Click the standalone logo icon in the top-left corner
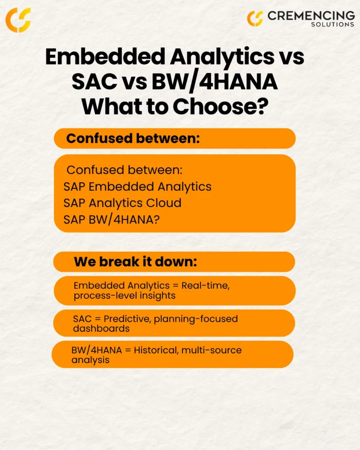pyautogui.click(x=18, y=20)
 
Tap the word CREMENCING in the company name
pyautogui.click(x=311, y=16)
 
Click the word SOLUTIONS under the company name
pyautogui.click(x=333, y=25)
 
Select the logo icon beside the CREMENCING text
pyautogui.click(x=255, y=18)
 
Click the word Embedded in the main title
pyautogui.click(x=105, y=57)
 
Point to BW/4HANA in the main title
pyautogui.click(x=215, y=82)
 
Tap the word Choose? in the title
pyautogui.click(x=221, y=107)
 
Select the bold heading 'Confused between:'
pyautogui.click(x=133, y=138)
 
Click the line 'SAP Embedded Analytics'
pyautogui.click(x=137, y=186)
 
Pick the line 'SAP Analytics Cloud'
pyautogui.click(x=122, y=203)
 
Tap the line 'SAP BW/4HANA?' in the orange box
pyautogui.click(x=111, y=220)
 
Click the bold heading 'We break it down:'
pyautogui.click(x=135, y=262)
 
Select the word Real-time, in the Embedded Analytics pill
pyautogui.click(x=206, y=286)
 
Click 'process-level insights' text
pyautogui.click(x=124, y=296)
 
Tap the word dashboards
pyautogui.click(x=102, y=329)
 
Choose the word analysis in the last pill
pyautogui.click(x=91, y=360)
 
